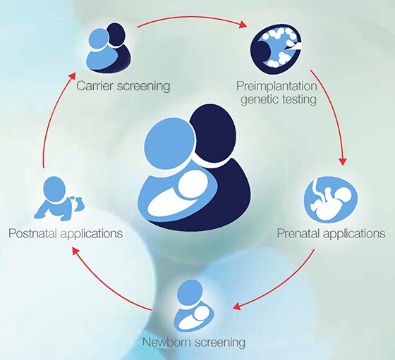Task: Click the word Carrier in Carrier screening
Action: coord(95,86)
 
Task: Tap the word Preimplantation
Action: coord(276,86)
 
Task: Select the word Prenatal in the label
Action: coord(298,233)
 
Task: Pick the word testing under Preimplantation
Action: coord(299,99)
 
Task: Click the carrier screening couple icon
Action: coord(109,48)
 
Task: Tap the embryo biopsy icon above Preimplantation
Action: coord(276,49)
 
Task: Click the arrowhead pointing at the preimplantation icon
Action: coord(243,25)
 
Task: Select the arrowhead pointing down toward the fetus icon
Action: coord(343,161)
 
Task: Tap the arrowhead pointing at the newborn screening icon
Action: coord(237,306)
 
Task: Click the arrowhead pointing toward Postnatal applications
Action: coord(76,251)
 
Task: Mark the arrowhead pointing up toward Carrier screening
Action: coord(73,76)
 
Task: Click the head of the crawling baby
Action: coord(54,189)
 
